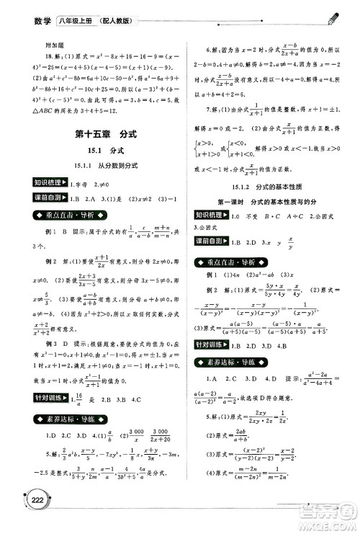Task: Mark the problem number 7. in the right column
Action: pos(208,110)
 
